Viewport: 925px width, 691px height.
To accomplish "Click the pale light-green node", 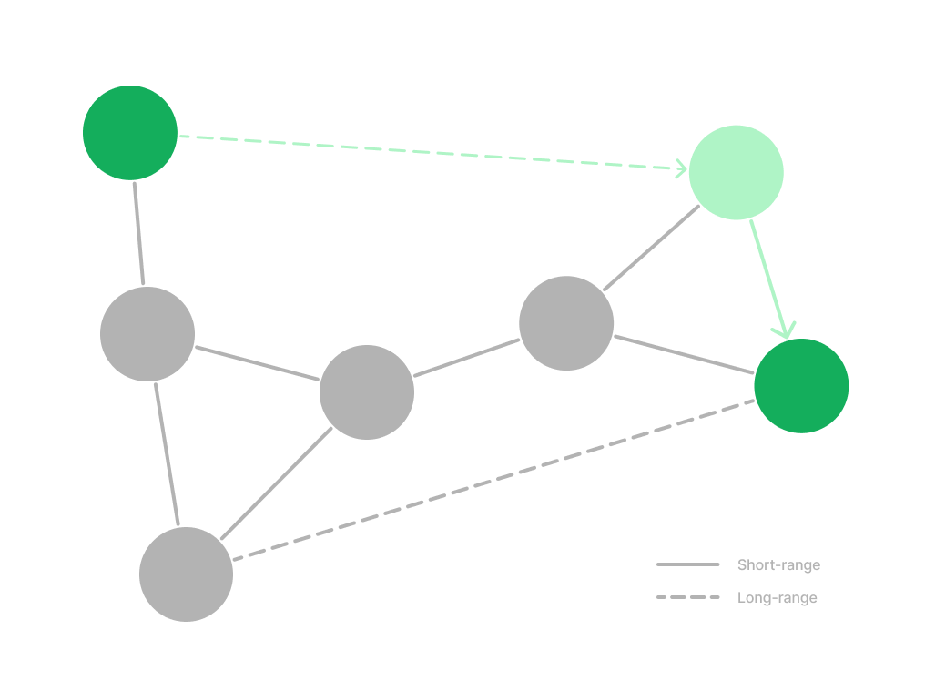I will coord(736,172).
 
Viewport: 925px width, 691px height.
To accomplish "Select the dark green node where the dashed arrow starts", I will coord(130,133).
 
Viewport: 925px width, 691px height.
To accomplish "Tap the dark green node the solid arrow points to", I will coord(801,385).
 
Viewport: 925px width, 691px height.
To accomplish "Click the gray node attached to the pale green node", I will coord(566,323).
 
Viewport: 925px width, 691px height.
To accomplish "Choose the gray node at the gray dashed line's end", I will coord(186,574).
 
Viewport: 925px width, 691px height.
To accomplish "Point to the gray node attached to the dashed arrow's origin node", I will coord(147,334).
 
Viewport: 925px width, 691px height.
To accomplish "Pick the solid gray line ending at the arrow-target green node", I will coord(683,353).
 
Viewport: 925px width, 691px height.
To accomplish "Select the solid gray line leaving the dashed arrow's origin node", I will coord(138,233).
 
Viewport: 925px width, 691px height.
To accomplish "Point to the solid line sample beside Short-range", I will coord(687,565).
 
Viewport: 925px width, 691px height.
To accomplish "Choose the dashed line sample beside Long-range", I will coord(687,598).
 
